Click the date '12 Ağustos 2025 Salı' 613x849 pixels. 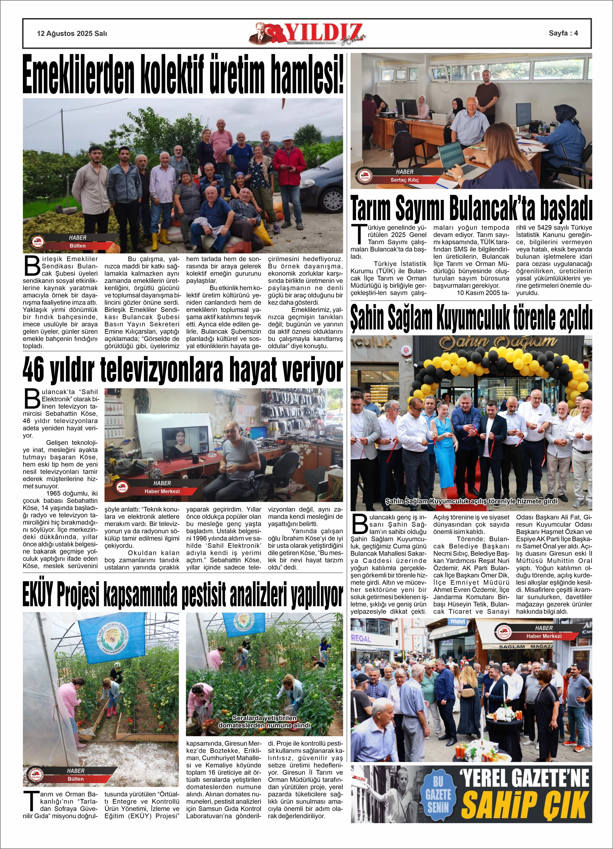point(72,33)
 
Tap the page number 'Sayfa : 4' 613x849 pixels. point(563,33)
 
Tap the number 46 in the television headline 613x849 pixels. point(33,370)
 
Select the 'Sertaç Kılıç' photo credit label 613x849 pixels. point(405,180)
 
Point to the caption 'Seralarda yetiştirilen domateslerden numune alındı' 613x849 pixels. point(264,722)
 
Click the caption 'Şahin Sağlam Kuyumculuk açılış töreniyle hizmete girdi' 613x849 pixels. point(471,501)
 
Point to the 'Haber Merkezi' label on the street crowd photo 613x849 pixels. point(543,636)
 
